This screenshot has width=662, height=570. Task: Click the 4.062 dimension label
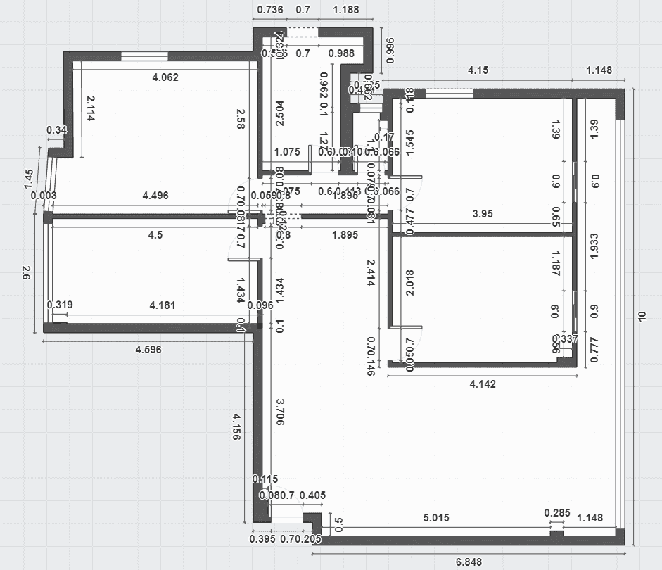[x=165, y=77]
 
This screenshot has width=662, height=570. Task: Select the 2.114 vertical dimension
[x=90, y=109]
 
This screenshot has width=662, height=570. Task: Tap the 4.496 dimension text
[x=155, y=196]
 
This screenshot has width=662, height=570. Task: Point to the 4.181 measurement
[x=163, y=305]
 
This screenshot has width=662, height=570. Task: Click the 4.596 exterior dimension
[x=153, y=350]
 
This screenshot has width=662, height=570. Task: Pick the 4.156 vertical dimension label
[x=236, y=427]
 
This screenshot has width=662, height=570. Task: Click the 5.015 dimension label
[x=437, y=518]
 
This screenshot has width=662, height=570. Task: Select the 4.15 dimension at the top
[x=478, y=70]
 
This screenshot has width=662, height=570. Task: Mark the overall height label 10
[x=640, y=317]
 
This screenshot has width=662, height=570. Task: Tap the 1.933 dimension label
[x=594, y=247]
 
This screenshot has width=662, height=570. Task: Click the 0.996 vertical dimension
[x=390, y=50]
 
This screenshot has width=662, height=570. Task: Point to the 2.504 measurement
[x=279, y=113]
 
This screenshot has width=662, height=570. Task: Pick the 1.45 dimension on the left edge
[x=29, y=179]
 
